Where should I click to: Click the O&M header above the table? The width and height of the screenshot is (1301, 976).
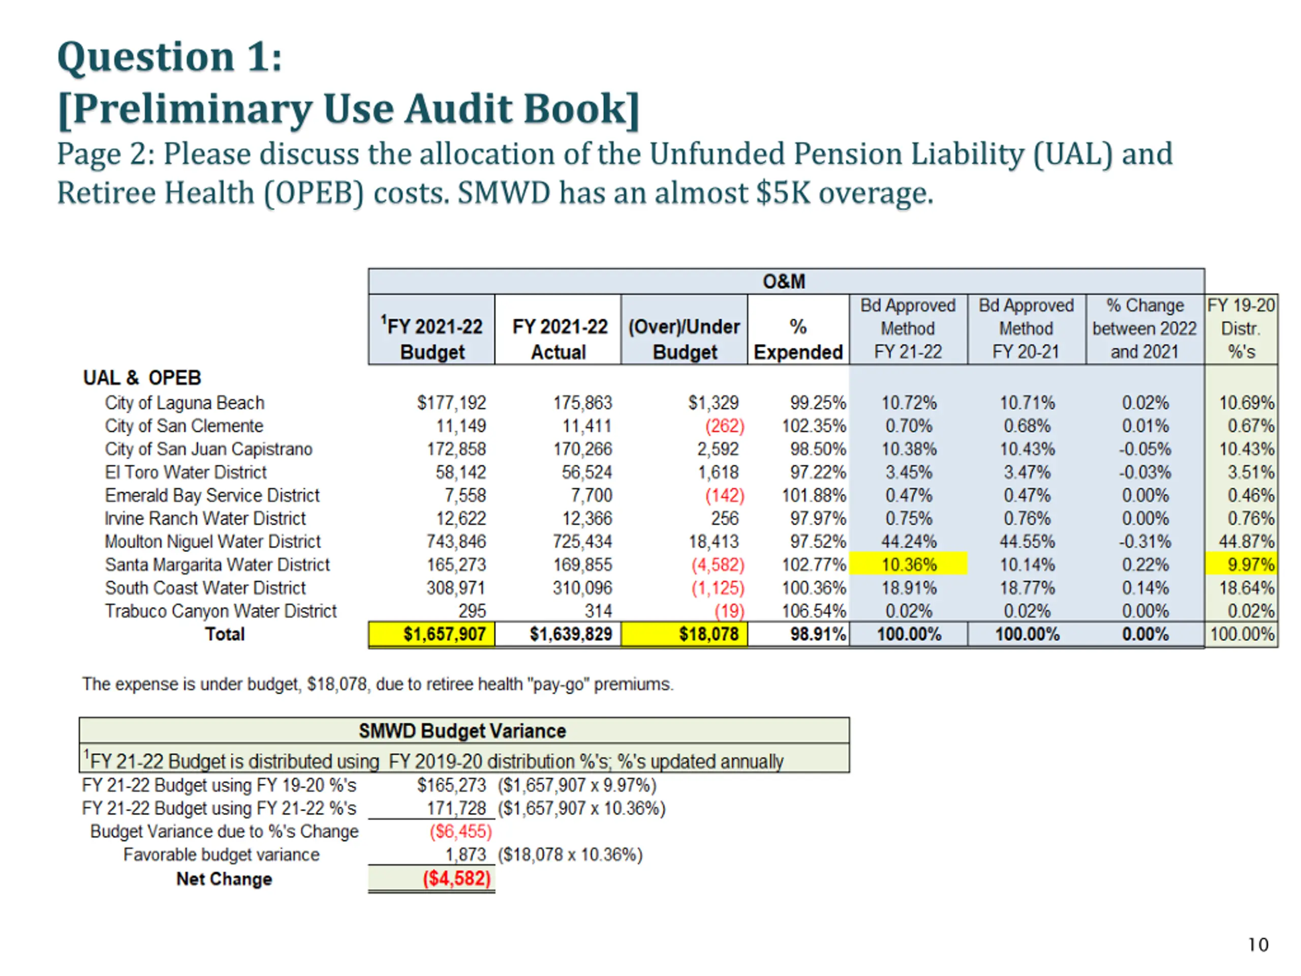[x=784, y=282]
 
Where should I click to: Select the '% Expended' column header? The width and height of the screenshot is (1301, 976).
[x=798, y=340]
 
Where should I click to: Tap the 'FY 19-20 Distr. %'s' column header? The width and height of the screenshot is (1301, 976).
[x=1241, y=328]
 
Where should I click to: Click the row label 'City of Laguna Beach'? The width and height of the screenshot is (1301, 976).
[x=184, y=403]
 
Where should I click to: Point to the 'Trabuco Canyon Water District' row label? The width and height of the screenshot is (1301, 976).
[x=221, y=611]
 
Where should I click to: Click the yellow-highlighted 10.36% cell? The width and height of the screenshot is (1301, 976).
[x=909, y=565]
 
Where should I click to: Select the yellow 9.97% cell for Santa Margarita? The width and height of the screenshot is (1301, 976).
[x=1241, y=565]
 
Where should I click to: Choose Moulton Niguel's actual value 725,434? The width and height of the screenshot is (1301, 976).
[x=582, y=542]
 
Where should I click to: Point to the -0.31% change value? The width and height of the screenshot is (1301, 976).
[x=1144, y=542]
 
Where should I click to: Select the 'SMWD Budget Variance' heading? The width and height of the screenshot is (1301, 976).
[x=462, y=731]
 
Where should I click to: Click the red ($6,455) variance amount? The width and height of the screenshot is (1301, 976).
[x=460, y=831]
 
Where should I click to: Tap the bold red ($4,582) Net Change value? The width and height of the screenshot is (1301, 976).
[x=457, y=878]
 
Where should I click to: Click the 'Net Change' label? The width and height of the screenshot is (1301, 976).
[x=224, y=879]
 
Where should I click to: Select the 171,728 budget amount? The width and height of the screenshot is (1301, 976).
[x=456, y=808]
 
